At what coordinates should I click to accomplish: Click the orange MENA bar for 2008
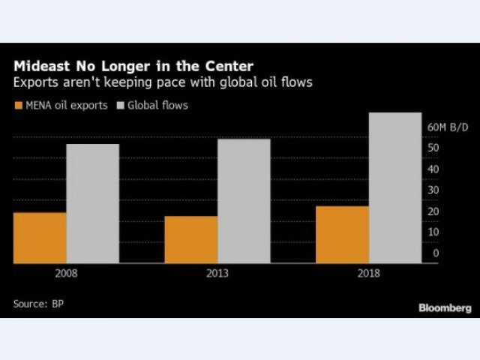pyautogui.click(x=40, y=238)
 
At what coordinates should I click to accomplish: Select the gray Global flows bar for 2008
pyautogui.click(x=92, y=203)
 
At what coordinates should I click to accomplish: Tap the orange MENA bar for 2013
pyautogui.click(x=191, y=239)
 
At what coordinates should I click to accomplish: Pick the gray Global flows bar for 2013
pyautogui.click(x=244, y=201)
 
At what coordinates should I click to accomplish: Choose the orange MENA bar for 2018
pyautogui.click(x=343, y=235)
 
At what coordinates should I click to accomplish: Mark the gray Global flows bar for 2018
pyautogui.click(x=395, y=187)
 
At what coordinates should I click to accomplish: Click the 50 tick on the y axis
pyautogui.click(x=433, y=148)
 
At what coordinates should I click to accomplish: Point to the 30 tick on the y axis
pyautogui.click(x=433, y=190)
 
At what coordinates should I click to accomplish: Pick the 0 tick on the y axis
pyautogui.click(x=436, y=253)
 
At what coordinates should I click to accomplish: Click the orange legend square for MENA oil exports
pyautogui.click(x=17, y=106)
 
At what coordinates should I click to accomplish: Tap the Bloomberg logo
pyautogui.click(x=444, y=307)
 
